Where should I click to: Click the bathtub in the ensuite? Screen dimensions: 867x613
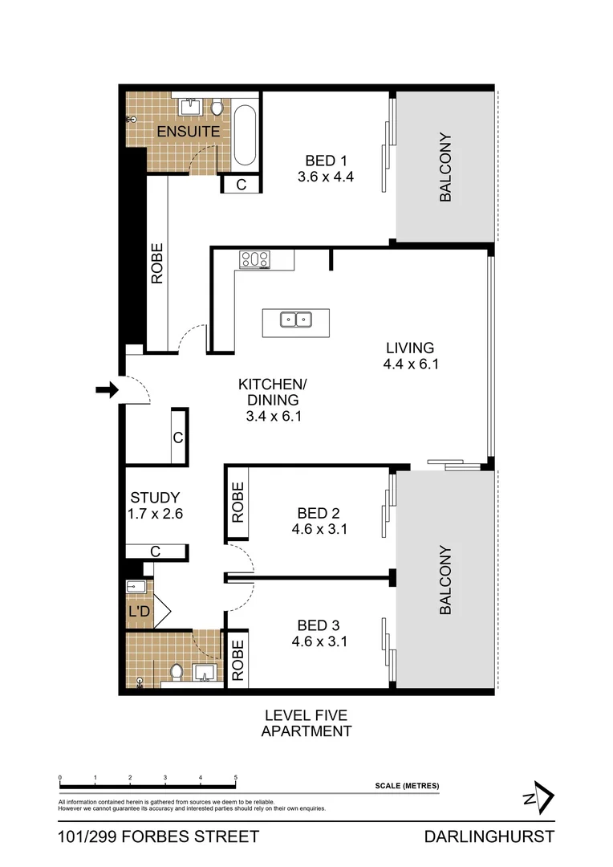click(246, 134)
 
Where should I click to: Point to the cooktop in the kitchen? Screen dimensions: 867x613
click(254, 258)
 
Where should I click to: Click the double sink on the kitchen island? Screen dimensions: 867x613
click(295, 320)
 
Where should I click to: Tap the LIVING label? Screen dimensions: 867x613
click(409, 348)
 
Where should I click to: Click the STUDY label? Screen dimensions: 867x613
click(155, 497)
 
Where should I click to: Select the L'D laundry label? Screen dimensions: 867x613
click(139, 613)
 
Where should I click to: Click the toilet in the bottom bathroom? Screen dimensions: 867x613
click(177, 673)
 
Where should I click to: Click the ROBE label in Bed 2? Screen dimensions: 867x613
click(237, 503)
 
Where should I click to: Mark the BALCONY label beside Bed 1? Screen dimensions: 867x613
click(445, 167)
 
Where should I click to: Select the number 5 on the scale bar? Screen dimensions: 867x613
click(235, 778)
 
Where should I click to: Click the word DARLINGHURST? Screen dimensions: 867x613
click(489, 836)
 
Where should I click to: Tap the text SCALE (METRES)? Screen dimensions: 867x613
click(407, 786)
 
